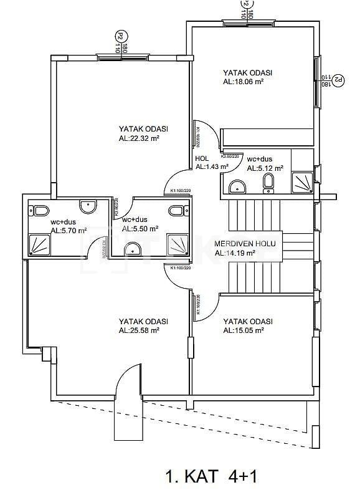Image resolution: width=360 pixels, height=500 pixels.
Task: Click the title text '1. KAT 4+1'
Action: coord(211,478)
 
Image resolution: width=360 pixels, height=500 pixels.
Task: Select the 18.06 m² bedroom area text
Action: coord(243,81)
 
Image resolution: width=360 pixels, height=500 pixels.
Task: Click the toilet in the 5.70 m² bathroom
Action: coord(40,209)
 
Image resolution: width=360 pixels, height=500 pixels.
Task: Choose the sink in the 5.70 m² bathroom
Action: coord(87,204)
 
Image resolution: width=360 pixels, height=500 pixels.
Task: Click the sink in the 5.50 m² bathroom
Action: coord(133,249)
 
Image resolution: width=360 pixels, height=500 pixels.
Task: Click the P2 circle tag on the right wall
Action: coord(338,80)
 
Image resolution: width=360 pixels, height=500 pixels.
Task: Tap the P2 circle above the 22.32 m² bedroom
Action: coord(118,36)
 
